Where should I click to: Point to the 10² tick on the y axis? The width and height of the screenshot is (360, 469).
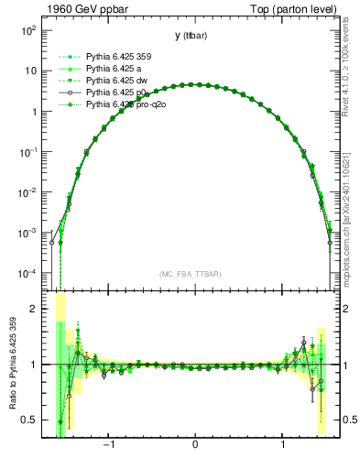[29, 30]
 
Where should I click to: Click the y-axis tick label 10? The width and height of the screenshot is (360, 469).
[31, 71]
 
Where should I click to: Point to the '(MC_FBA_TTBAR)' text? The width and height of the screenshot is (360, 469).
[194, 274]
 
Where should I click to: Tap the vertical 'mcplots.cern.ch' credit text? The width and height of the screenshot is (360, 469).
[350, 229]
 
